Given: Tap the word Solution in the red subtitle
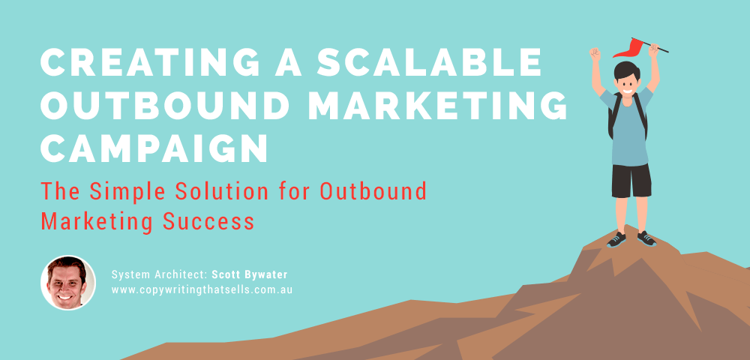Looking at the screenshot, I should (205, 192).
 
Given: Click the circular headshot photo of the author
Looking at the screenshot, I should (67, 283).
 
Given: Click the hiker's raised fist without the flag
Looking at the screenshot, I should (595, 54).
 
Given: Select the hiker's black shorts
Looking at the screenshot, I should (629, 180).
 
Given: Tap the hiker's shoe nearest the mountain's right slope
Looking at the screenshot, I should (646, 238).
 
